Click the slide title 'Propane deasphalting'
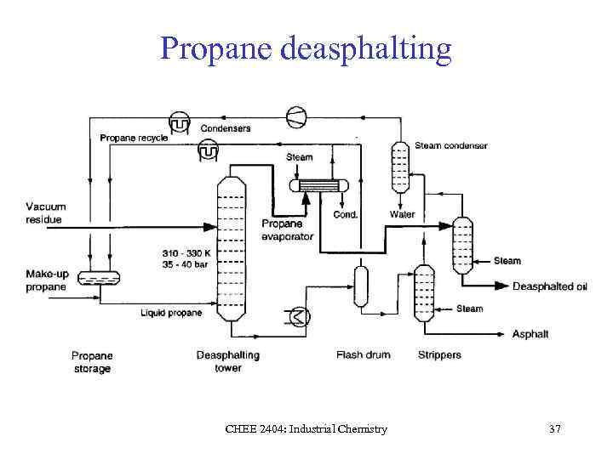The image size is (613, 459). click(x=306, y=48)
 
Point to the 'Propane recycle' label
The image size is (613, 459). click(x=134, y=138)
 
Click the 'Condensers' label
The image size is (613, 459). click(x=226, y=128)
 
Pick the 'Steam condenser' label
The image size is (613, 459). click(x=451, y=145)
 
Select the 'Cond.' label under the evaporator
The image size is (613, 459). click(x=345, y=215)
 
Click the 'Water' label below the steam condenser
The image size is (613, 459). click(x=402, y=215)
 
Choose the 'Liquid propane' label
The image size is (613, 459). click(x=171, y=313)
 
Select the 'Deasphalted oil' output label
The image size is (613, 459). click(x=549, y=286)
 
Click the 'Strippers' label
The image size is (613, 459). click(x=439, y=354)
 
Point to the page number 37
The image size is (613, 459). click(x=554, y=429)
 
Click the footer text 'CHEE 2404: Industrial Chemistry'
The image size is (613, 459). click(x=306, y=429)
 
